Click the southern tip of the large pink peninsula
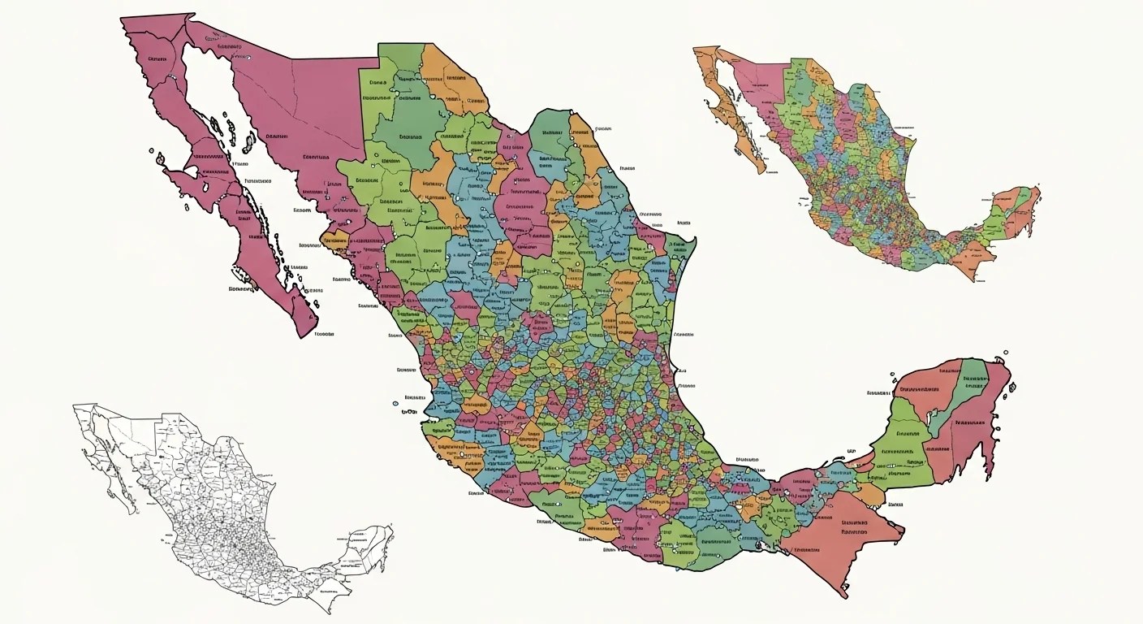(306, 333)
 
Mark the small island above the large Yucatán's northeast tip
(1005, 353)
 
